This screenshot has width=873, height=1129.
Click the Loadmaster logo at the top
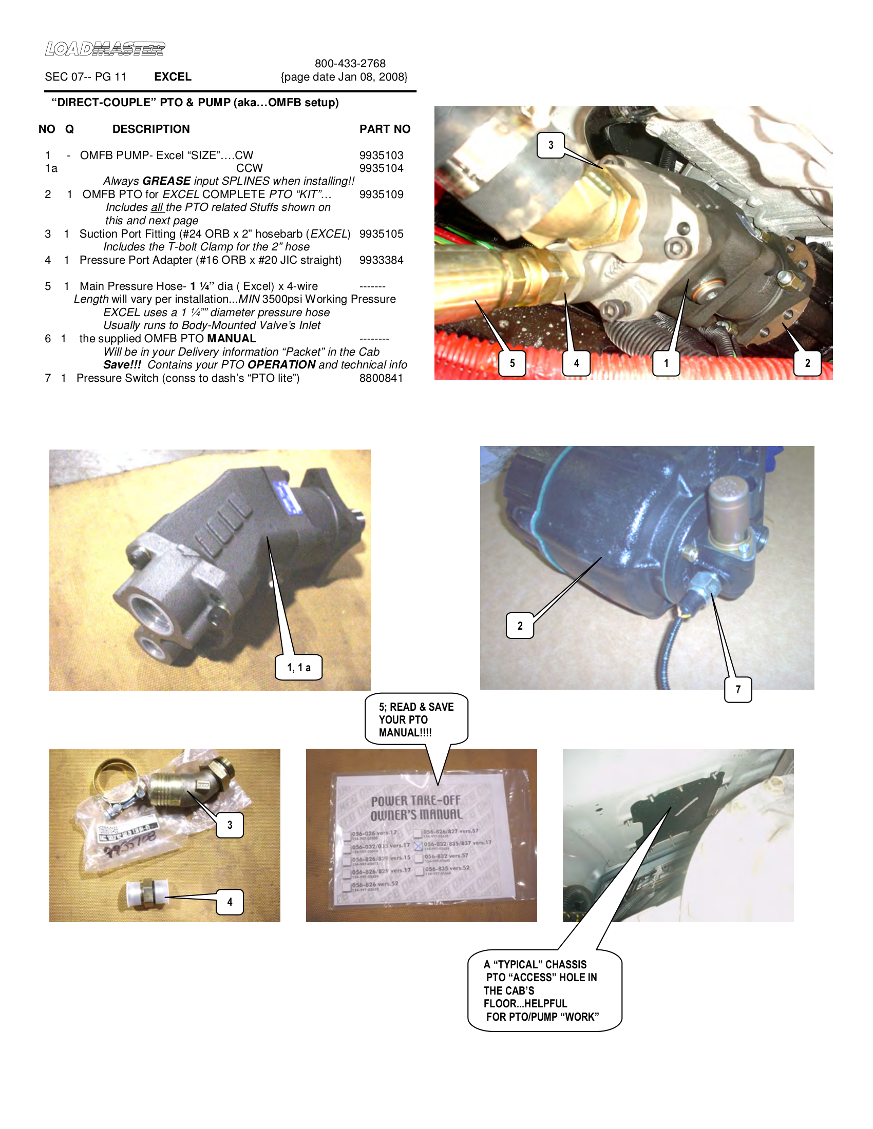(105, 49)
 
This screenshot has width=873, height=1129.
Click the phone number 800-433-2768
(350, 64)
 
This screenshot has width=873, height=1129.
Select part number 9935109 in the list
(381, 194)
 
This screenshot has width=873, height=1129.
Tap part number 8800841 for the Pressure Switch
(381, 378)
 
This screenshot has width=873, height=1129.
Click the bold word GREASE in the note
(166, 181)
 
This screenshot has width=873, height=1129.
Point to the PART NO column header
(385, 129)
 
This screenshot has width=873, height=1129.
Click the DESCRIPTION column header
(151, 129)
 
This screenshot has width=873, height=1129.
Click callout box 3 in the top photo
(551, 145)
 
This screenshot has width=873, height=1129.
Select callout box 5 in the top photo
(512, 363)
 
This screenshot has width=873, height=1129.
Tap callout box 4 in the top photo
(576, 363)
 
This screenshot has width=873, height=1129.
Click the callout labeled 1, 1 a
(299, 667)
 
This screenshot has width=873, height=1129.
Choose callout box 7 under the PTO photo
(738, 689)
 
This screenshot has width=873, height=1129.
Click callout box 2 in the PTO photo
(520, 626)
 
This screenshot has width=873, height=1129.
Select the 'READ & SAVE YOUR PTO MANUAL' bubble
(416, 719)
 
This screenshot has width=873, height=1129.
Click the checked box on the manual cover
(419, 846)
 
